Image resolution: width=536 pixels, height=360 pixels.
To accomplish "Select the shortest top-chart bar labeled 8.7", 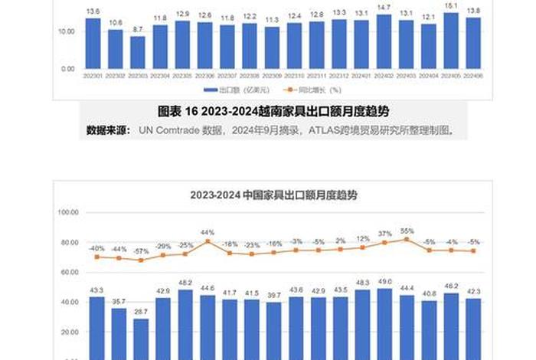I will click(137, 53).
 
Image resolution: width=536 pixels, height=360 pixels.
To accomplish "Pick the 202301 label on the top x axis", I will click(93, 76).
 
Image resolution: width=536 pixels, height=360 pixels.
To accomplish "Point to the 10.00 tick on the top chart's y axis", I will click(65, 31).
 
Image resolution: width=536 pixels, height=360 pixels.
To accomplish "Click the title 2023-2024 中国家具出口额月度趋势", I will click(273, 195).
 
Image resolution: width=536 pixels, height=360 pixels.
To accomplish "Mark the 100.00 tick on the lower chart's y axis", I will click(68, 212).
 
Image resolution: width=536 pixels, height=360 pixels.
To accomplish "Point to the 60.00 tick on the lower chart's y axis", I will click(68, 272).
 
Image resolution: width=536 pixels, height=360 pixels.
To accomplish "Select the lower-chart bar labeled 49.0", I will click(384, 322).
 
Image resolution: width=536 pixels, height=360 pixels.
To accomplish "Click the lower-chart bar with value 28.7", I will click(141, 337).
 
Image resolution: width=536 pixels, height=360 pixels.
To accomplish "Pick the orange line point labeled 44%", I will click(208, 241).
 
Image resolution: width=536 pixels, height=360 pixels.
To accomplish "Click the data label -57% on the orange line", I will click(141, 251).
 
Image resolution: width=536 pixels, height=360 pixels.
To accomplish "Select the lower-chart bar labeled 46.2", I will click(451, 326).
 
